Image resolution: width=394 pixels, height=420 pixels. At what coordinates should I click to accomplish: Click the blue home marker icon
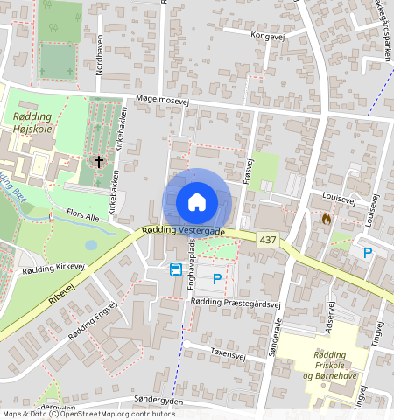pos(197,202)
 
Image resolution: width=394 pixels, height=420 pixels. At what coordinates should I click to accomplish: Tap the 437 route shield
pos(267,238)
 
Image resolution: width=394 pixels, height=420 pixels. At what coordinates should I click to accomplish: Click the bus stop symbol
pos(176,269)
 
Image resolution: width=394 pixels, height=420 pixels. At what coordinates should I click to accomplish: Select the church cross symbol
pos(99,162)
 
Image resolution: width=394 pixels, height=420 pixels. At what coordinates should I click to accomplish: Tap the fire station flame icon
pos(327,218)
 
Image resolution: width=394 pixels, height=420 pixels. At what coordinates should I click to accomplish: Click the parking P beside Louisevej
pos(368,253)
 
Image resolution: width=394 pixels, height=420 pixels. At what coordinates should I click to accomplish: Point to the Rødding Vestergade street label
pos(183,231)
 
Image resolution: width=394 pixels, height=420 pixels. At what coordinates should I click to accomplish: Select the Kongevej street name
pos(269,36)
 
